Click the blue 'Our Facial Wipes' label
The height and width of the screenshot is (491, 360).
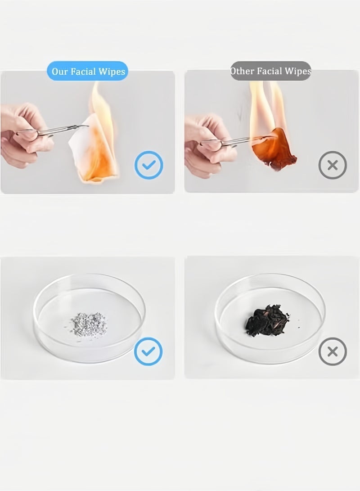point(88,71)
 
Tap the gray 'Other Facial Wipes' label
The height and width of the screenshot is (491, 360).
point(271,71)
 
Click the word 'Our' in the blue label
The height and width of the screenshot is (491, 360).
point(59,72)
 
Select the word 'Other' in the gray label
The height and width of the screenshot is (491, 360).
point(242,71)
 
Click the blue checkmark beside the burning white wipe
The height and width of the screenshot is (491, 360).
point(148,165)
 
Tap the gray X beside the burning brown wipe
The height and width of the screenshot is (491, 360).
point(333,165)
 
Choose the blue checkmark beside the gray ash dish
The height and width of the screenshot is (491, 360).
point(148,351)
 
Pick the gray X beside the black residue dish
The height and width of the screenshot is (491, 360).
point(333,351)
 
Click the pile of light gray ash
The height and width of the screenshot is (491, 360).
point(88,324)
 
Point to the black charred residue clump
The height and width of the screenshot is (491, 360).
point(266,320)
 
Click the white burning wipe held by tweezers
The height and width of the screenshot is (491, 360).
point(94,147)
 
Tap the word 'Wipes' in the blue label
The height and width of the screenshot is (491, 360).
point(112,72)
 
